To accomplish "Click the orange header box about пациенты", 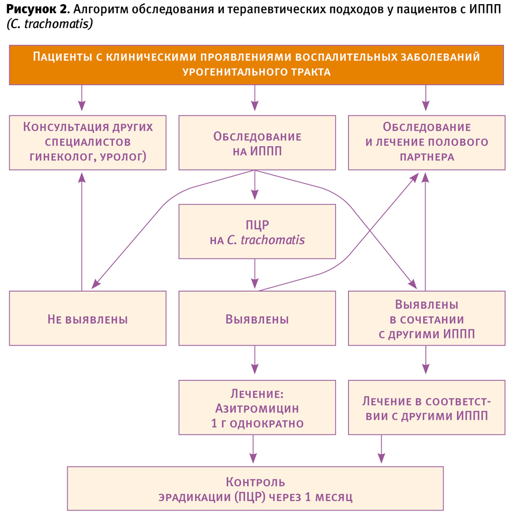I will tap(256, 65).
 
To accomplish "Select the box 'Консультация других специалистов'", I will tap(88, 142).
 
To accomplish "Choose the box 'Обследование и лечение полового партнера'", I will tap(426, 142).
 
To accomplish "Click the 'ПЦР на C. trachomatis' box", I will tap(257, 231).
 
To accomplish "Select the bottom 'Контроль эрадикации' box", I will tap(255, 489).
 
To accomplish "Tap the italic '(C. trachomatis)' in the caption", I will tap(50, 24).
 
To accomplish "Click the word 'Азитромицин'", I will tap(257, 409).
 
